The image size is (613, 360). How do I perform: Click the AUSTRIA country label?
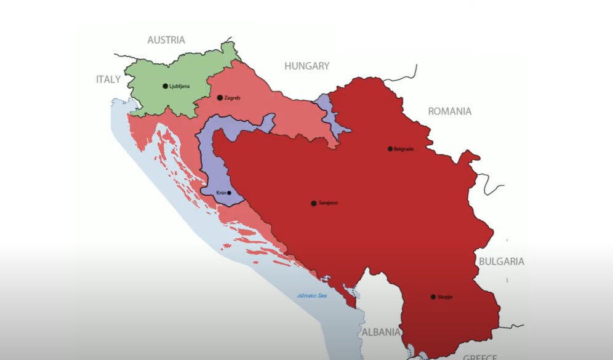pos(166,40)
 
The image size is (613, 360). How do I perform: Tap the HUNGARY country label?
pos(306,66)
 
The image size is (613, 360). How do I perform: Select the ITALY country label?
pos(108,79)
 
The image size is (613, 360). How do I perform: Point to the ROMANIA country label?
pos(449,111)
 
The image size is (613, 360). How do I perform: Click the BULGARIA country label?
pos(502,261)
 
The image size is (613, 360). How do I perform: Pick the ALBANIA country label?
pos(380,332)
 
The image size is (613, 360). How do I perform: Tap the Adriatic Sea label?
pos(312,296)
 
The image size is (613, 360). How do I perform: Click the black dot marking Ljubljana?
pos(165,86)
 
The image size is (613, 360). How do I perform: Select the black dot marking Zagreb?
pos(220,97)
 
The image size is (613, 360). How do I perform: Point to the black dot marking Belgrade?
pos(390,148)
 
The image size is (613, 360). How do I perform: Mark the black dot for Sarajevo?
pos(313,203)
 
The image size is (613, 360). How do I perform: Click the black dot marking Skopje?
pos(433,297)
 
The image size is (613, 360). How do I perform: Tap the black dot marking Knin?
pos(229,193)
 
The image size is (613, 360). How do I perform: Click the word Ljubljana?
pos(179,86)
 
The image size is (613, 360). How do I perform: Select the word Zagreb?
pos(232,98)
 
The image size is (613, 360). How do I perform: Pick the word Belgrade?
pos(403,149)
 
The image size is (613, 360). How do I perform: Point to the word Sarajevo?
pos(328,203)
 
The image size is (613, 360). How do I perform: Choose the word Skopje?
pos(445,297)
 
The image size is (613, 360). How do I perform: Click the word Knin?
pos(221,193)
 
